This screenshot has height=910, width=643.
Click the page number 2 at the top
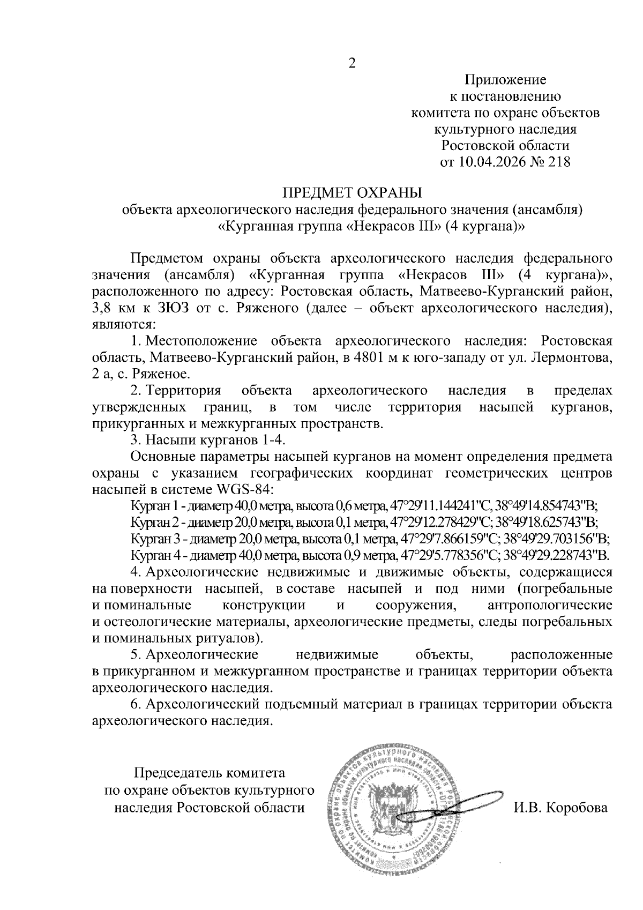352,63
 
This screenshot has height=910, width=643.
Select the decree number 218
558,161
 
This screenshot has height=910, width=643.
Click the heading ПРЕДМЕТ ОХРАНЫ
353,192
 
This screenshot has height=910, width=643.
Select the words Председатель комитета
209,773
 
